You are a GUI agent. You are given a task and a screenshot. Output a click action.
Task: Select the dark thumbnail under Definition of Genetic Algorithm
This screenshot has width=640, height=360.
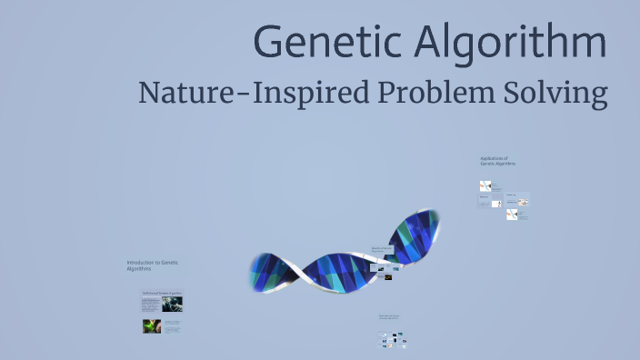tap(172, 305)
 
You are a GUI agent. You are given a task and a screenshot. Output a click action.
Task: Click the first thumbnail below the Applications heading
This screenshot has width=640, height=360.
tap(485, 186)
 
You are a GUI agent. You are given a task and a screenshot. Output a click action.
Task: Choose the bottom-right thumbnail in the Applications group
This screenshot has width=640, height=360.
tap(514, 215)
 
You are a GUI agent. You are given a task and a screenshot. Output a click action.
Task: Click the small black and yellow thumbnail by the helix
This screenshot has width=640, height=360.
tap(388, 277)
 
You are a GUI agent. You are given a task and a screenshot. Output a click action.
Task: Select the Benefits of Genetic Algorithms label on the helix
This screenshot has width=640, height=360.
tap(382, 249)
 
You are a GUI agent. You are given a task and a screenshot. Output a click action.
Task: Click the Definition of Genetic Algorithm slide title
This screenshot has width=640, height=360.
tap(162, 293)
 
